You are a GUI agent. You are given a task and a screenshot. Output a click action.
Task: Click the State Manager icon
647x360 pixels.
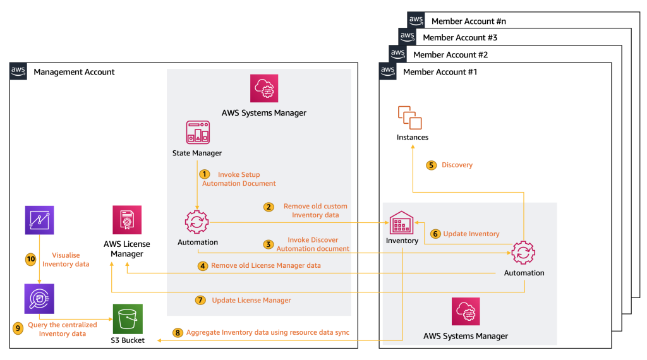pyautogui.click(x=197, y=132)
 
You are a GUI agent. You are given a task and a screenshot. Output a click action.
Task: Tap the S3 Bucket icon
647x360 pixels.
pyautogui.click(x=128, y=319)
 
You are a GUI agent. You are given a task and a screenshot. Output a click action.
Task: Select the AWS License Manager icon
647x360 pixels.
pyautogui.click(x=126, y=220)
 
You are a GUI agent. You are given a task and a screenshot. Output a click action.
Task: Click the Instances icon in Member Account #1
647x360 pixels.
pyautogui.click(x=410, y=117)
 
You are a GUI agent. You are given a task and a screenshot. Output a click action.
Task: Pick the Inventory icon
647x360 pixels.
pyautogui.click(x=402, y=222)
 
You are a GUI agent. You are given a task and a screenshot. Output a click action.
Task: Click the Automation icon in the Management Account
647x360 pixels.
pyautogui.click(x=197, y=223)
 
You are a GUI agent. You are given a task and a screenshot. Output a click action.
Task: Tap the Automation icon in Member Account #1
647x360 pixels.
pyautogui.click(x=523, y=253)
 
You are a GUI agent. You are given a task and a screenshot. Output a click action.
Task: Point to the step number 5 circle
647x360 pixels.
pyautogui.click(x=431, y=165)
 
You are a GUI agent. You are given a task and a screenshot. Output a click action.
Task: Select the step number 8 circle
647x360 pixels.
pyautogui.click(x=177, y=332)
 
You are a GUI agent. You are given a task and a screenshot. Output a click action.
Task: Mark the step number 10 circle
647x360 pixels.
pyautogui.click(x=30, y=259)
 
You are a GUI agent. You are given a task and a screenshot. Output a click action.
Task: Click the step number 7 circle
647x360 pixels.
pyautogui.click(x=200, y=300)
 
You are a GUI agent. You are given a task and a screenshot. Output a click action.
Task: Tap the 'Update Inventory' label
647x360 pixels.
pyautogui.click(x=471, y=234)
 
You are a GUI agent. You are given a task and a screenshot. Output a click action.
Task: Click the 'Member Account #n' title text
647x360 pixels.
pyautogui.click(x=468, y=21)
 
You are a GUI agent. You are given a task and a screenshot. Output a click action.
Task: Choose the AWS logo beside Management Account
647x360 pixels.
pyautogui.click(x=19, y=71)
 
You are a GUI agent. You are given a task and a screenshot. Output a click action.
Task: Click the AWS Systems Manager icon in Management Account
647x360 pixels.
pyautogui.click(x=263, y=88)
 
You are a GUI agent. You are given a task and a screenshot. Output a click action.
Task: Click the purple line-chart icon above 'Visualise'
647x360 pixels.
pyautogui.click(x=39, y=220)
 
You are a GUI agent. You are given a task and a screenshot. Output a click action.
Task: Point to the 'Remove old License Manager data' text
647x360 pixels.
pyautogui.click(x=266, y=266)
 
